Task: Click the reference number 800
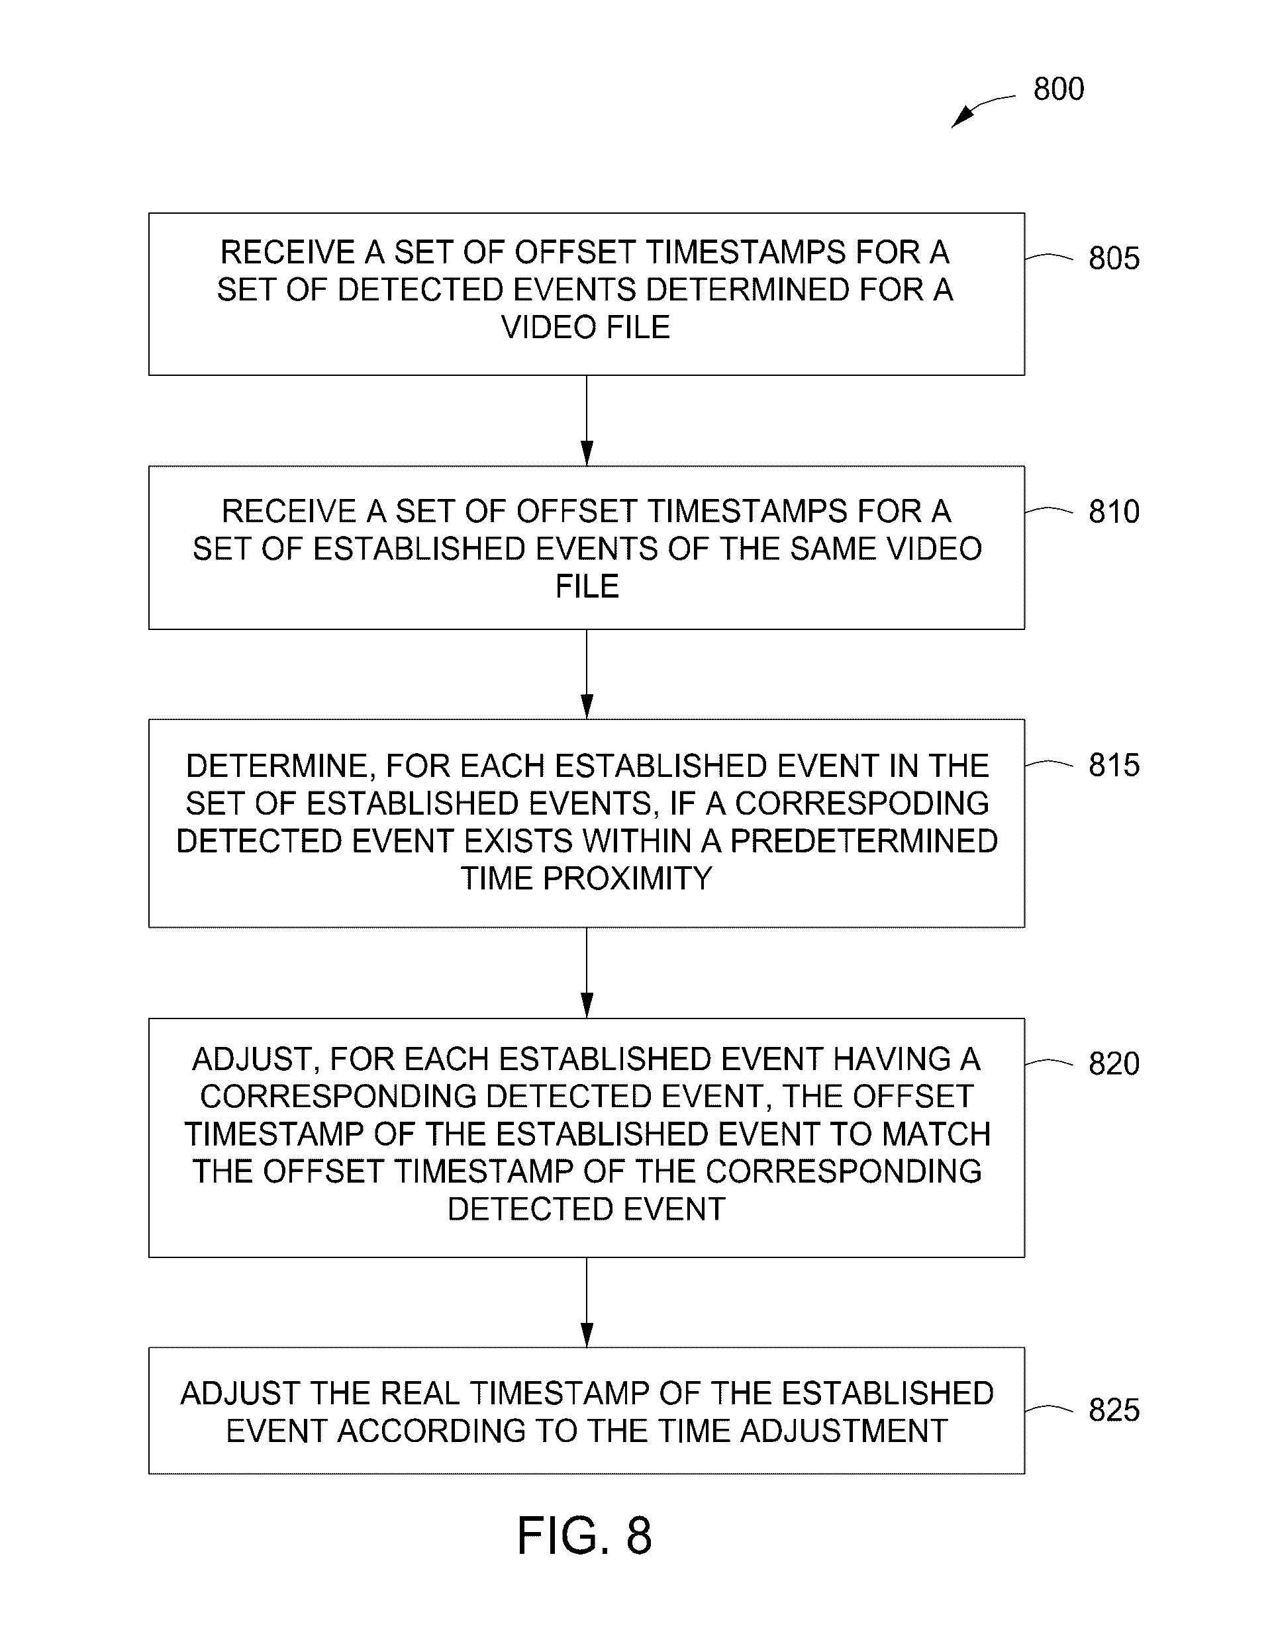(x=1058, y=89)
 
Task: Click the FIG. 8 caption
(x=585, y=1536)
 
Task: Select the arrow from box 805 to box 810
(x=587, y=421)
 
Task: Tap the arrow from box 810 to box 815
(x=587, y=674)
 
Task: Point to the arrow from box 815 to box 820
(x=587, y=973)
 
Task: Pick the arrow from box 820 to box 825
(x=587, y=1303)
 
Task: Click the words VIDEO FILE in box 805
(x=586, y=328)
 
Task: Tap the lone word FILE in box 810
(x=587, y=586)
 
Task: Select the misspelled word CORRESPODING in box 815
(x=861, y=804)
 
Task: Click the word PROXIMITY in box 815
(x=628, y=880)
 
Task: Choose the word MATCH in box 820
(x=936, y=1134)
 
